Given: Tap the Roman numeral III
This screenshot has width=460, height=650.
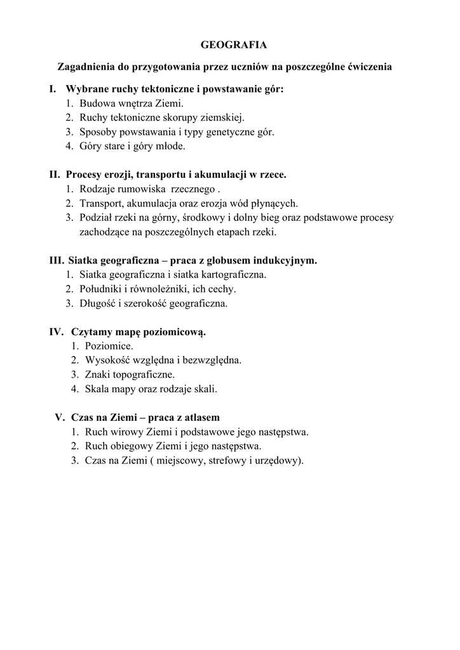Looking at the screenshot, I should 57,260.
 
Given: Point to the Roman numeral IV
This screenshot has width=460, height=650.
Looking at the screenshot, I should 57,331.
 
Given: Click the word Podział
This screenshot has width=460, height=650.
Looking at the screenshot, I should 97,218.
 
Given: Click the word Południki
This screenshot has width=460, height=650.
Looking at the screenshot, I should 101,289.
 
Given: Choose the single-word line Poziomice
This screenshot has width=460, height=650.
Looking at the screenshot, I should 109,346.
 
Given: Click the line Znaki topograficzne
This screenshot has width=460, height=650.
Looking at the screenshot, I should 130,375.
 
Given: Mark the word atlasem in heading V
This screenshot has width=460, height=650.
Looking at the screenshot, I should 200,417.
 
